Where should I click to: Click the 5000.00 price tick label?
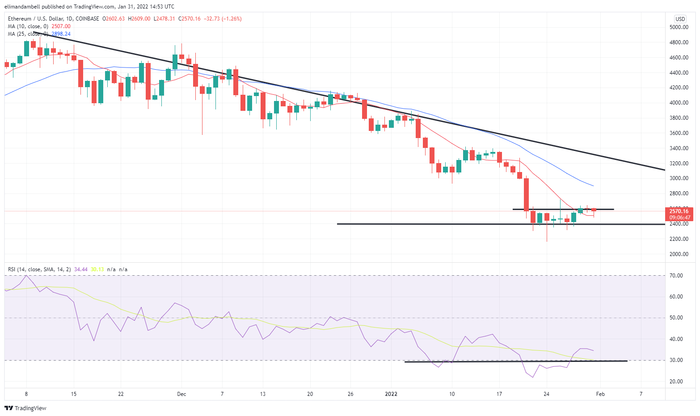coord(679,27)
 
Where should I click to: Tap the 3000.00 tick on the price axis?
coord(679,178)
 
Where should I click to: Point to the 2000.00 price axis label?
coord(679,254)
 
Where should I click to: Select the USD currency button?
coord(680,19)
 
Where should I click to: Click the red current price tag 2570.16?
coord(679,211)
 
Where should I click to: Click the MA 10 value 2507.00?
coord(61,26)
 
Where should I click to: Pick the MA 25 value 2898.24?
coord(61,34)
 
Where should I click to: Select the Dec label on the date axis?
coord(181,394)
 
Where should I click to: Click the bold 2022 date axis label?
coord(391,394)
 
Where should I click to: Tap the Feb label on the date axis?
coord(600,394)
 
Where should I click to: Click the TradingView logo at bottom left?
coord(25,408)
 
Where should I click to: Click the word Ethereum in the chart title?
coord(20,19)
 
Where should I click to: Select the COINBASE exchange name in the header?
coord(88,19)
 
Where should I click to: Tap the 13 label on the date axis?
coord(263,394)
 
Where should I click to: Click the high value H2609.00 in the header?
coord(139,19)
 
